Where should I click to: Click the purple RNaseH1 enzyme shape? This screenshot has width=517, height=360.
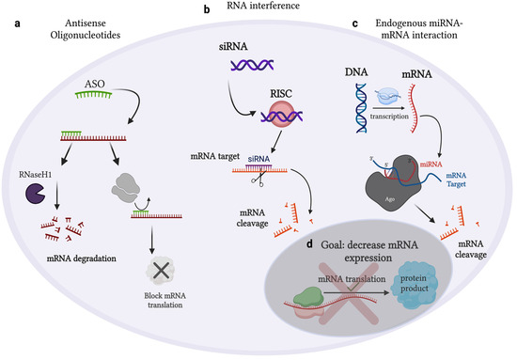click(51, 168)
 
